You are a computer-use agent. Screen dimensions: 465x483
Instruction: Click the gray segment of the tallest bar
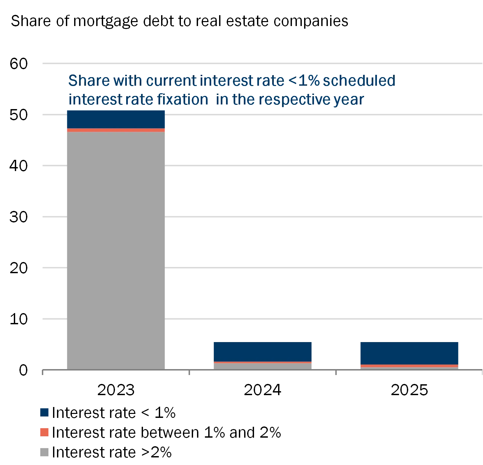[x=116, y=250]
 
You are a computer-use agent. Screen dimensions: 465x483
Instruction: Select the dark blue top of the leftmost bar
[x=116, y=119]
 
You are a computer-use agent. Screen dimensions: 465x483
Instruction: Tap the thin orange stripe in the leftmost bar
[x=116, y=130]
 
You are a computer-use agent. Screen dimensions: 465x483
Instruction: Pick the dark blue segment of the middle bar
[x=263, y=351]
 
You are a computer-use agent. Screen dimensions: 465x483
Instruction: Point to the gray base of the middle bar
[x=263, y=366]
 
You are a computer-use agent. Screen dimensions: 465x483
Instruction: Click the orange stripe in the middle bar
[x=263, y=362]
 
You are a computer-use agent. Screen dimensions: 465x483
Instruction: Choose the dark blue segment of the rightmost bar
[x=409, y=353]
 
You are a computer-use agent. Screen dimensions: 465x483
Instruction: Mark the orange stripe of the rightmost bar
[x=409, y=366]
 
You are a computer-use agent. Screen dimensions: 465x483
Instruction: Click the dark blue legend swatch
[x=45, y=412]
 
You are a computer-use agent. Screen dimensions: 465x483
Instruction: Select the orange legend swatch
[x=45, y=432]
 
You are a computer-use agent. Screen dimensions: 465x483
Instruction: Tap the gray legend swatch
[x=45, y=452]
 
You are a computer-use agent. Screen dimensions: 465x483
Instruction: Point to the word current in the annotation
[x=171, y=81]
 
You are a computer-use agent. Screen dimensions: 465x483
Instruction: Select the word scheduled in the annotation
[x=359, y=81]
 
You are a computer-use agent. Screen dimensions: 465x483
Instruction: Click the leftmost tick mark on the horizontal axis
[x=42, y=373]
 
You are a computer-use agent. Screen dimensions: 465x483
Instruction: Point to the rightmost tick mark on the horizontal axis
[x=481, y=373]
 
